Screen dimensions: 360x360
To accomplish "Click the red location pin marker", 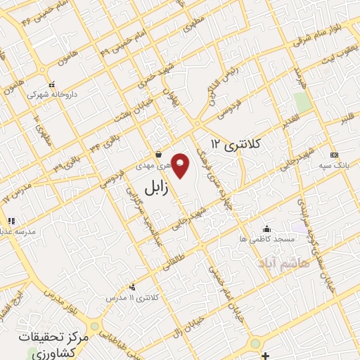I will pyautogui.click(x=181, y=165).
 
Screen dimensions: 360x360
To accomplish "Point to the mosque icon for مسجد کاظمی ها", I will pyautogui.click(x=266, y=229).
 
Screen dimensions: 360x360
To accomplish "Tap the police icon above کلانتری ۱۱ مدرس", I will pyautogui.click(x=132, y=287).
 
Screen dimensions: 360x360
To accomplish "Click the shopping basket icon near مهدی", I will pyautogui.click(x=159, y=154).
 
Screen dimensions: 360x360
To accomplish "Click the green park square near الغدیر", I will pyautogui.click(x=303, y=101).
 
